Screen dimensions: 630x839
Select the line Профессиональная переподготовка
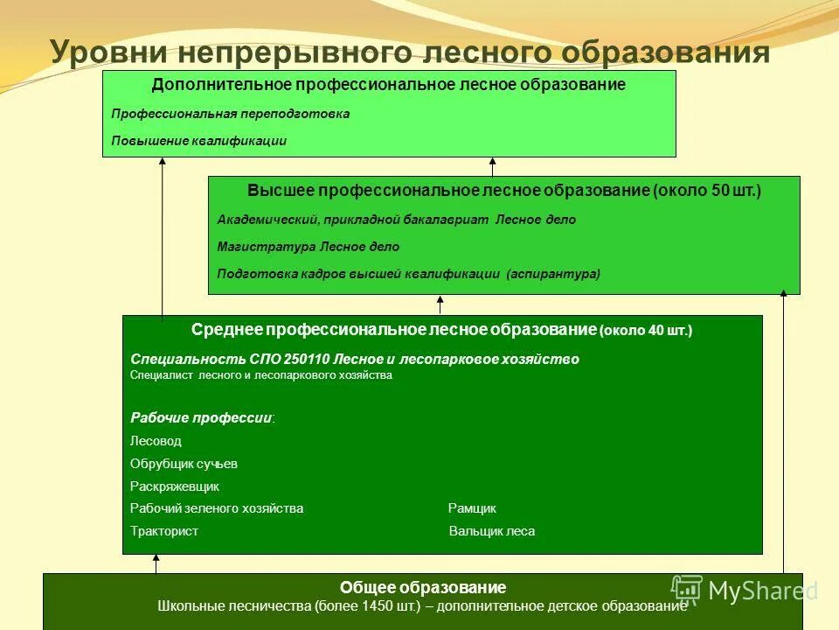(231, 114)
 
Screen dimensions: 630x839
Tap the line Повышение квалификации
(199, 140)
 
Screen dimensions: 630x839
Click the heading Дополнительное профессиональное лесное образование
(388, 85)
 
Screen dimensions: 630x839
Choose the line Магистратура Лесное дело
(308, 247)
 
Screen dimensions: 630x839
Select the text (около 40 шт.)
(646, 331)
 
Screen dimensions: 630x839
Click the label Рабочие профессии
(201, 417)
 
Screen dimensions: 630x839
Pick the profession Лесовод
(156, 441)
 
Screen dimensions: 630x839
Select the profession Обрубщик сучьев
(184, 464)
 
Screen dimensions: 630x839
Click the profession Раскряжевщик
(175, 486)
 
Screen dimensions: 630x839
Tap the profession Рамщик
(472, 508)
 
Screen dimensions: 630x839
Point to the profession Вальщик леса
(491, 531)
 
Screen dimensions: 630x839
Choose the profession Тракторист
(164, 531)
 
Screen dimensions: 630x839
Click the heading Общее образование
(423, 587)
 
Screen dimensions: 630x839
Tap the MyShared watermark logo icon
(687, 589)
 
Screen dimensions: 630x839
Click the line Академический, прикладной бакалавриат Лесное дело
(397, 220)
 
